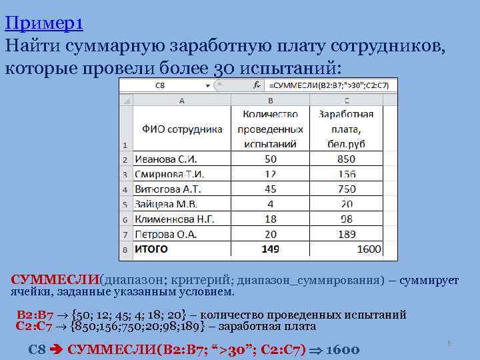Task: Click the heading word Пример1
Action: [43, 24]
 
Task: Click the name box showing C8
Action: [160, 85]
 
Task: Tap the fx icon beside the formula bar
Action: [257, 85]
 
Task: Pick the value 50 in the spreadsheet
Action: [270, 159]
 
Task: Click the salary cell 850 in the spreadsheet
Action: [346, 159]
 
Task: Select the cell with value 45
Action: [270, 189]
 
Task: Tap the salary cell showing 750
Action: [346, 189]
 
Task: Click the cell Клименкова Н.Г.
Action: [175, 219]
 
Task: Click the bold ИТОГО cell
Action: [152, 249]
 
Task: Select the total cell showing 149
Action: [270, 249]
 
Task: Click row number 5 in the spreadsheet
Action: [125, 205]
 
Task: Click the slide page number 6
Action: [449, 343]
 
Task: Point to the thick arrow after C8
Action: [57, 350]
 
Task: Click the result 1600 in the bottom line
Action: [343, 350]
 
